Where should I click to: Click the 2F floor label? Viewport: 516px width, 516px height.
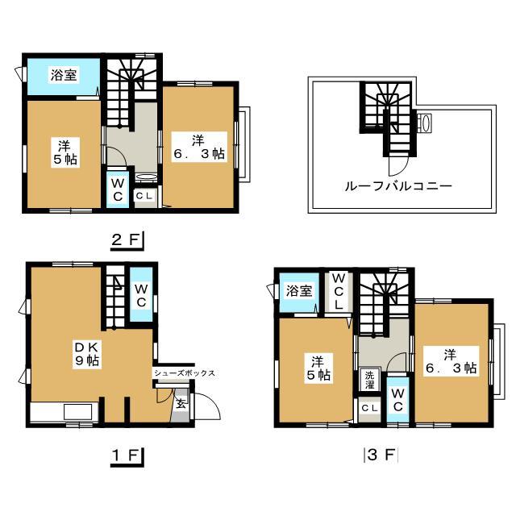click(126, 239)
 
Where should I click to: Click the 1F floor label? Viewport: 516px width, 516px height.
click(126, 456)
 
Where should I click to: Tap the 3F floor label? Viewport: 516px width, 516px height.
click(381, 455)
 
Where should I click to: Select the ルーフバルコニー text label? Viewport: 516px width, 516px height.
click(398, 186)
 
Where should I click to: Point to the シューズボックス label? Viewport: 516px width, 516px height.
click(185, 373)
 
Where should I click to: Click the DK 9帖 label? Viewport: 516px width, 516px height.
click(87, 354)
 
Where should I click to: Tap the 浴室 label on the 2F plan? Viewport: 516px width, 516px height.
click(64, 75)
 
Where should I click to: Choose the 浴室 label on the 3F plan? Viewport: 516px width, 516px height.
click(299, 290)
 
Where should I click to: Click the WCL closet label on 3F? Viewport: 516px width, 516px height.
click(339, 292)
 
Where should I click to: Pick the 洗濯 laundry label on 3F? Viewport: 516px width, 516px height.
click(369, 381)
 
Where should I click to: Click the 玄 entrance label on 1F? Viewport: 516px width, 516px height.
click(181, 403)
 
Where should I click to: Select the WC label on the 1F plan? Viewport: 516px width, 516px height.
click(141, 296)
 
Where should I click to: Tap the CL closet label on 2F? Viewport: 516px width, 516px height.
click(144, 196)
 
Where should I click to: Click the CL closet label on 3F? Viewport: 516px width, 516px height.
click(369, 409)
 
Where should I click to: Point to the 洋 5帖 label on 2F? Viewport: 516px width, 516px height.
click(65, 152)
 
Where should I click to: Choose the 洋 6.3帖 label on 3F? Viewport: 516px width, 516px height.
click(451, 361)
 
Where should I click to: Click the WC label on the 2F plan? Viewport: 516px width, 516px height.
click(118, 190)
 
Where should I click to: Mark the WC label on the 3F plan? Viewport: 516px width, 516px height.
click(397, 400)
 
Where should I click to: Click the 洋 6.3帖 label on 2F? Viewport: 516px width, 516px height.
click(199, 147)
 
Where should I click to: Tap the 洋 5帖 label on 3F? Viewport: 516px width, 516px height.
click(318, 368)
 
